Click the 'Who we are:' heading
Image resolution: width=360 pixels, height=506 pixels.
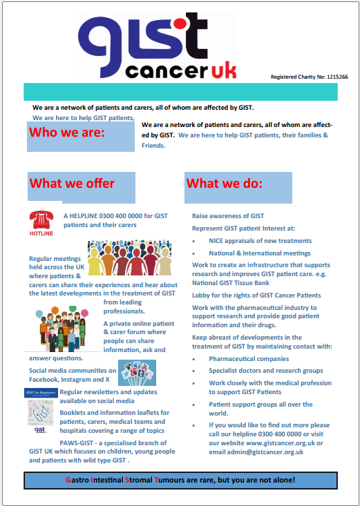click(x=68, y=133)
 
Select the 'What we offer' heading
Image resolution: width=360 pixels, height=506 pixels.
click(x=72, y=184)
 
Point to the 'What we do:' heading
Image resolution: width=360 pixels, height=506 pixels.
click(x=225, y=184)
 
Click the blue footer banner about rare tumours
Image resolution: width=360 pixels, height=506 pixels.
click(x=180, y=479)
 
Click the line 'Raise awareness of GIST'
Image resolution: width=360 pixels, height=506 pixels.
click(x=228, y=216)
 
